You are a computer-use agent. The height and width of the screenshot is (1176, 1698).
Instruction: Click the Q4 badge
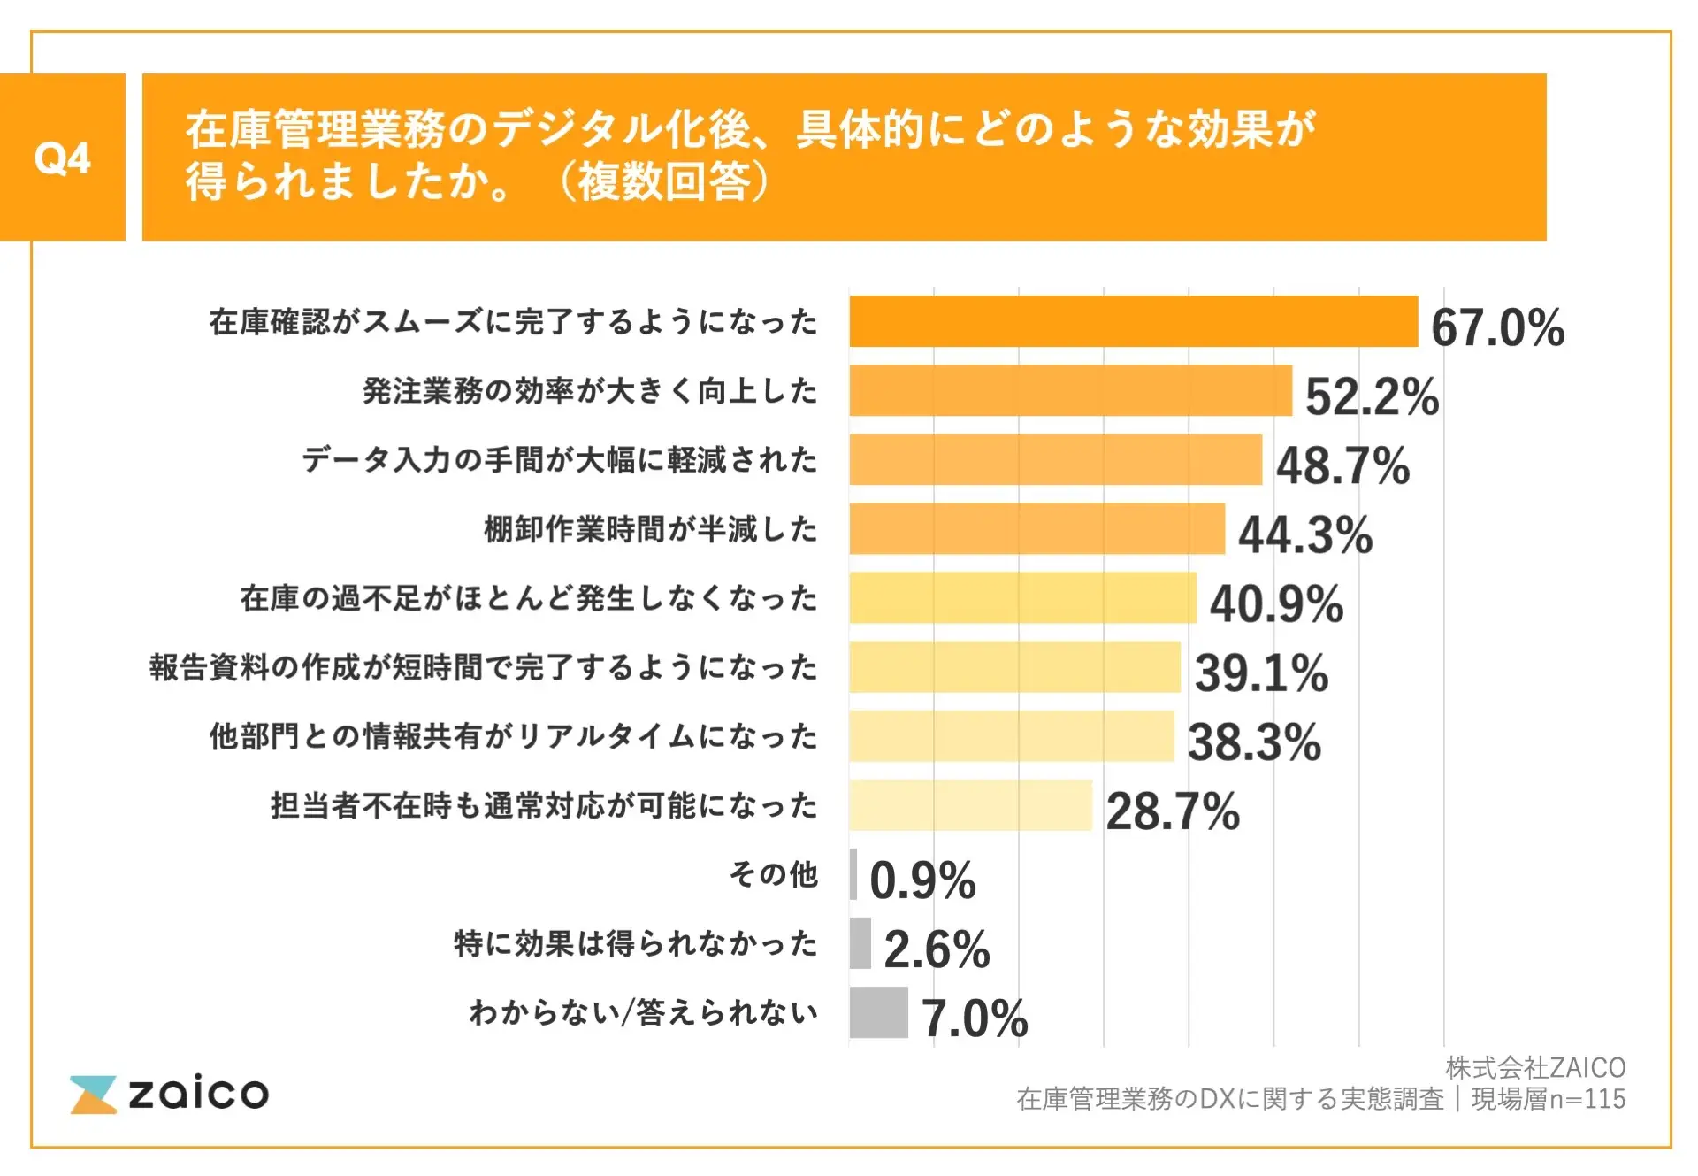point(62,158)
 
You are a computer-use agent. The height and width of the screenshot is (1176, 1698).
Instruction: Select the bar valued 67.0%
point(1133,321)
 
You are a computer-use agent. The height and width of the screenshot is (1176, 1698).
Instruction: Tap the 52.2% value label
point(1372,396)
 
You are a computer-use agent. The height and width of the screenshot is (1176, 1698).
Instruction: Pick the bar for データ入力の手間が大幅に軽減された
point(1055,459)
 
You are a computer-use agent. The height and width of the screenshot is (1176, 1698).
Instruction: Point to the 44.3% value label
point(1305,534)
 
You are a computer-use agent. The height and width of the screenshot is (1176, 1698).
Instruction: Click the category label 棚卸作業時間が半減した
point(650,529)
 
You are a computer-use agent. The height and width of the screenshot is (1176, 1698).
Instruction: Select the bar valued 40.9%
point(1022,597)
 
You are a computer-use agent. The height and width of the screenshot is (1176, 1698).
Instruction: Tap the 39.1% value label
point(1261,673)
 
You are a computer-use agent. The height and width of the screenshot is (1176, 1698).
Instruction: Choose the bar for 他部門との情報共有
point(1012,735)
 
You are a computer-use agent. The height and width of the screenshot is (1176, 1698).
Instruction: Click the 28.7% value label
point(1173,811)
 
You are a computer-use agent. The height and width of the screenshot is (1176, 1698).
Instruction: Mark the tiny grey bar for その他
point(853,874)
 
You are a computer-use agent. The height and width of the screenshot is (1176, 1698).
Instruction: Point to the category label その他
point(774,874)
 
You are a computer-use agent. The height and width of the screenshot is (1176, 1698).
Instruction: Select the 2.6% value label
point(937,949)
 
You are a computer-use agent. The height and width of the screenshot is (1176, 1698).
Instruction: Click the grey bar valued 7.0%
point(878,1012)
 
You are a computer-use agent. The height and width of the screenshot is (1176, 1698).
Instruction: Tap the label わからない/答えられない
point(643,1012)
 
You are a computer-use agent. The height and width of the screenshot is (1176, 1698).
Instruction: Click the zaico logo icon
point(93,1095)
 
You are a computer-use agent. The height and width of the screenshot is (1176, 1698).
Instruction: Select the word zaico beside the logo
point(198,1094)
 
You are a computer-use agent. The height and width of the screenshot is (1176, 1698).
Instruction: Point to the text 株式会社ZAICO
point(1535,1068)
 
